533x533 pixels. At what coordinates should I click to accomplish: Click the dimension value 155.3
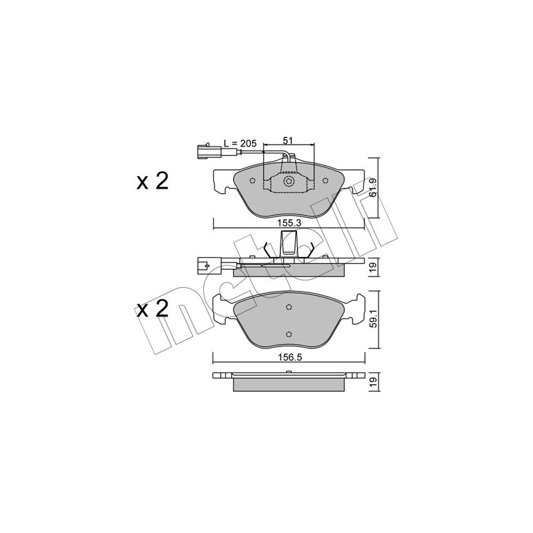pyautogui.click(x=289, y=223)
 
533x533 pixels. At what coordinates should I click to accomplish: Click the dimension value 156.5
pyautogui.click(x=290, y=357)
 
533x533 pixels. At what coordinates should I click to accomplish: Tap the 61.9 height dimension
pyautogui.click(x=373, y=188)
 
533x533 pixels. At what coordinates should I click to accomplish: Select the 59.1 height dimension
pyautogui.click(x=374, y=320)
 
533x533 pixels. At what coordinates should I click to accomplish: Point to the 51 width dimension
pyautogui.click(x=288, y=141)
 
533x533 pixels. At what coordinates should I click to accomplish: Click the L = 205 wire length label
pyautogui.click(x=240, y=143)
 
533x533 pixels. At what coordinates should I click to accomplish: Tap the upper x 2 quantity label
pyautogui.click(x=153, y=181)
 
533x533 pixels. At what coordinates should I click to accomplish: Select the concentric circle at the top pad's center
pyautogui.click(x=289, y=181)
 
